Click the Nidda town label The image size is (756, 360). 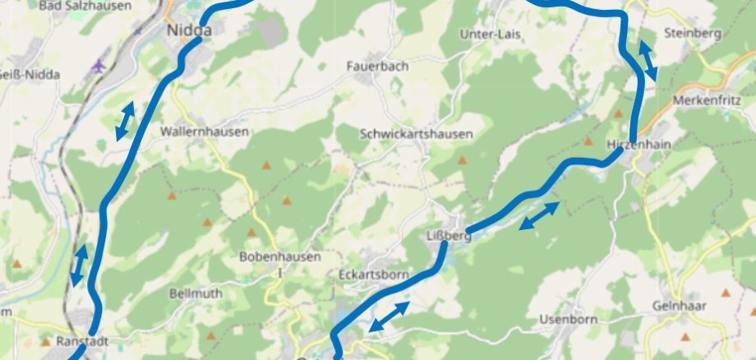(x=188, y=30)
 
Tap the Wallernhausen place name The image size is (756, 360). (x=205, y=131)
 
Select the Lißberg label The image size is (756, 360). (x=449, y=236)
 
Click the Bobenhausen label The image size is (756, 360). (x=280, y=256)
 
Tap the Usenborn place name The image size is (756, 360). (x=566, y=319)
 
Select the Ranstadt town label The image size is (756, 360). (x=83, y=339)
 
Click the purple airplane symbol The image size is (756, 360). (x=100, y=64)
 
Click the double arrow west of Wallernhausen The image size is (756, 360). (x=125, y=122)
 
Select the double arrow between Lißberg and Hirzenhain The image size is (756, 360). (x=539, y=215)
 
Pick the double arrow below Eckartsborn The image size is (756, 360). (x=389, y=317)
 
